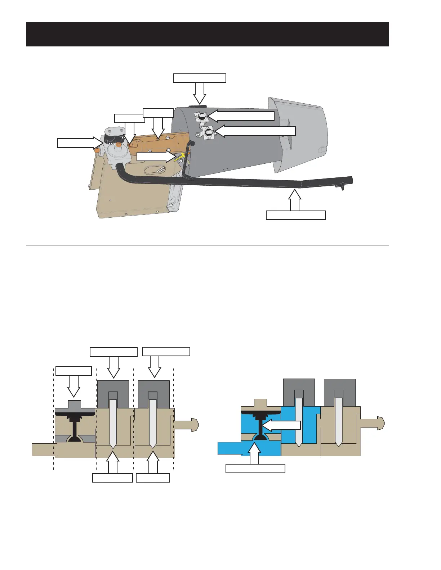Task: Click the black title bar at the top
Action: pyautogui.click(x=207, y=34)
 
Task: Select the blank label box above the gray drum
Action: pyautogui.click(x=199, y=78)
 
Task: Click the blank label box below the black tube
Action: pyautogui.click(x=295, y=215)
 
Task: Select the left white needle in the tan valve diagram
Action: pyautogui.click(x=113, y=423)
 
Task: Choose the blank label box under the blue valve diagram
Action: pyautogui.click(x=255, y=469)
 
